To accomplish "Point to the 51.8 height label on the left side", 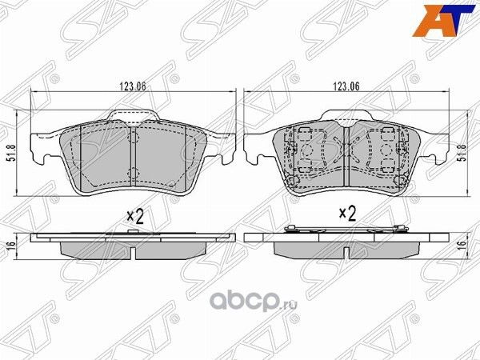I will (x=10, y=152).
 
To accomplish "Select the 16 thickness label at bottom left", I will (x=10, y=249).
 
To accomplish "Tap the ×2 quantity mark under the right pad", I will (x=346, y=214).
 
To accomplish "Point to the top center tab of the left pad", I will (x=133, y=117).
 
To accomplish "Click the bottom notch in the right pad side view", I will (x=346, y=255).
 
